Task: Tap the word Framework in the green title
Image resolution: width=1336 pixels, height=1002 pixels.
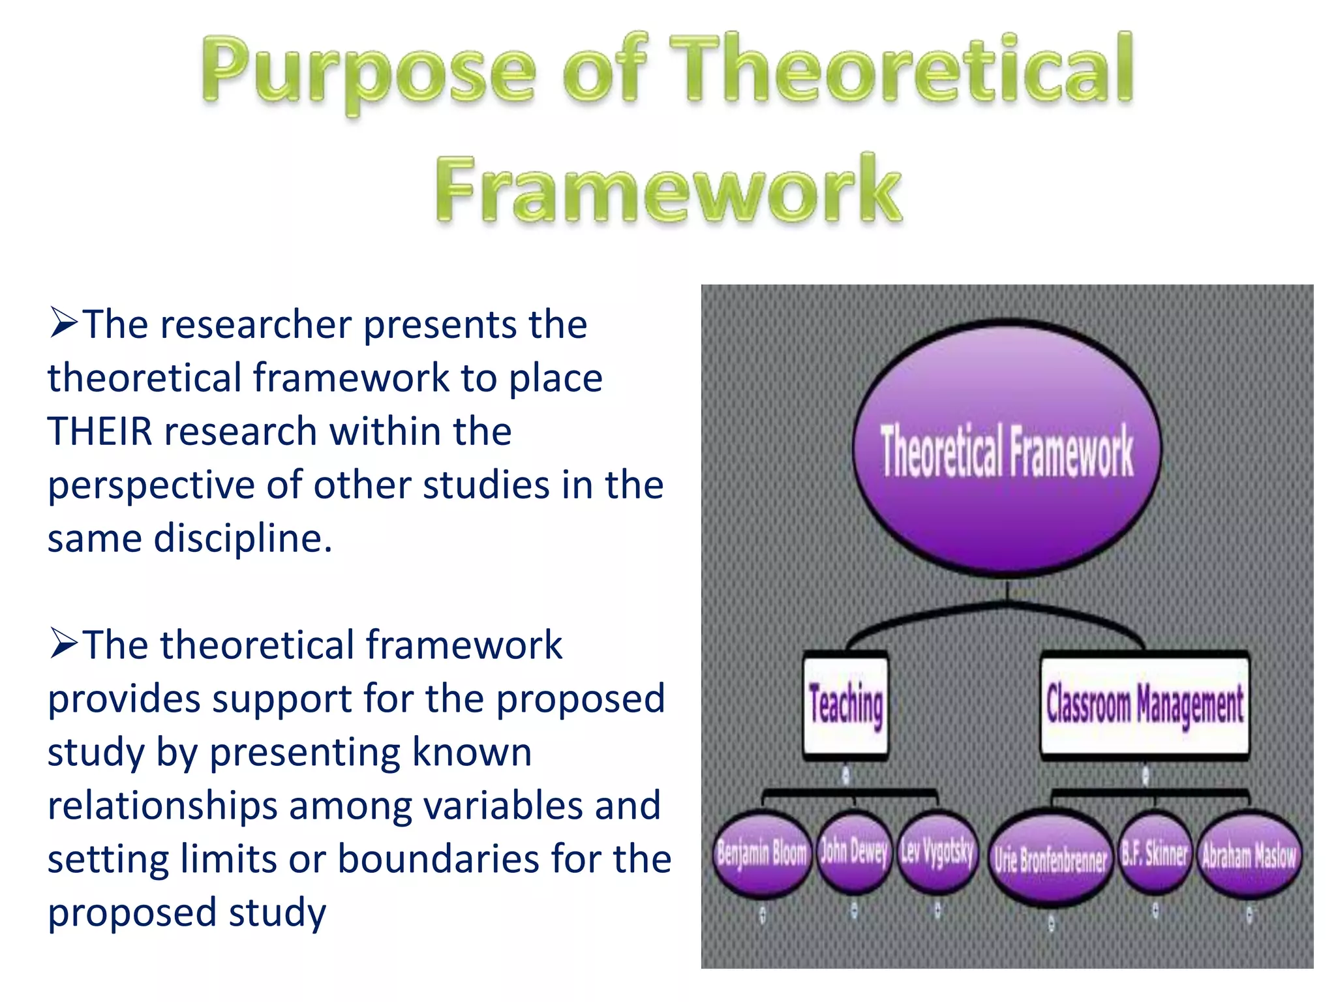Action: click(x=669, y=189)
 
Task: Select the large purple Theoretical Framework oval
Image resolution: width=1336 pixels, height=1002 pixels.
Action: click(x=1007, y=449)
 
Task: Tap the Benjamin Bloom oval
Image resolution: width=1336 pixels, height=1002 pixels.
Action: click(x=762, y=853)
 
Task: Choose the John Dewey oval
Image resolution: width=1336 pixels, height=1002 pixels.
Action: click(x=854, y=852)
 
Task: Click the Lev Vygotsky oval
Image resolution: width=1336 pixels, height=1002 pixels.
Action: click(x=937, y=851)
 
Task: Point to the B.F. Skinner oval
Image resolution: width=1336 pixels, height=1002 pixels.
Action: click(x=1155, y=853)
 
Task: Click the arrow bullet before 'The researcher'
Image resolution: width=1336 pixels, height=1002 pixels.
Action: click(x=63, y=324)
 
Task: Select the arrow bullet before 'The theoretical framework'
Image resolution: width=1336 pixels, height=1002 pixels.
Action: click(x=63, y=645)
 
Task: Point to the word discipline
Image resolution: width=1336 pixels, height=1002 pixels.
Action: click(x=243, y=539)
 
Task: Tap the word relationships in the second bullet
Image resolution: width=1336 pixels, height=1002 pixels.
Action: click(x=162, y=805)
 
